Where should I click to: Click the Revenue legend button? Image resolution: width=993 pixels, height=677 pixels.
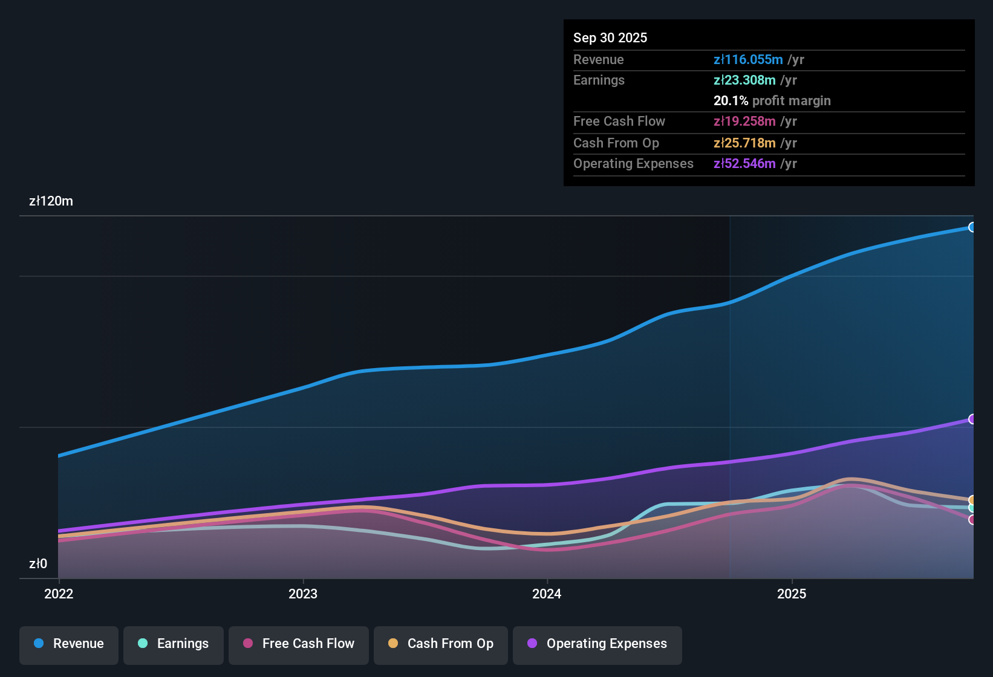click(69, 644)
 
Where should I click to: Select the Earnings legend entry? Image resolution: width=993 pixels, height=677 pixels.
click(174, 644)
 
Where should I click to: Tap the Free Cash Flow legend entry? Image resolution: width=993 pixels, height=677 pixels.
click(299, 644)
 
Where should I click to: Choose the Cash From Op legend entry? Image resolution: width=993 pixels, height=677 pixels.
click(441, 644)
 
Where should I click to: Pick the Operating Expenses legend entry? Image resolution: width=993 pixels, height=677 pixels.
click(597, 644)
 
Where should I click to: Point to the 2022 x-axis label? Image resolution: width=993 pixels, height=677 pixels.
click(59, 594)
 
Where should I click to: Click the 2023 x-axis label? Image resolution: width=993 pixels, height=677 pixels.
click(303, 594)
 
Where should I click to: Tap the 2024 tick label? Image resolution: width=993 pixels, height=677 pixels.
click(547, 594)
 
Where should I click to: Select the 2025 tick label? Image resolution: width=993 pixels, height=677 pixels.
click(792, 594)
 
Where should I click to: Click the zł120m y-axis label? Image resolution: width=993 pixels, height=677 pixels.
click(51, 201)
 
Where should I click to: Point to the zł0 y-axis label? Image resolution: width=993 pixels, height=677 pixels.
click(38, 563)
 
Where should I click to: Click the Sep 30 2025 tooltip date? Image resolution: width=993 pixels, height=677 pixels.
click(610, 37)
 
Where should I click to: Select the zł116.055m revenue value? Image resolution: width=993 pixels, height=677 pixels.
click(748, 59)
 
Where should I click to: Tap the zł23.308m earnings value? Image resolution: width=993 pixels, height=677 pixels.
click(744, 80)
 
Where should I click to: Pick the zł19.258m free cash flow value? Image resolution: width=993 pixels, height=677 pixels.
click(744, 121)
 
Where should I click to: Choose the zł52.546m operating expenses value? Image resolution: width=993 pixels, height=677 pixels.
click(744, 163)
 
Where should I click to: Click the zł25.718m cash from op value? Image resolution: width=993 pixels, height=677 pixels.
click(744, 143)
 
